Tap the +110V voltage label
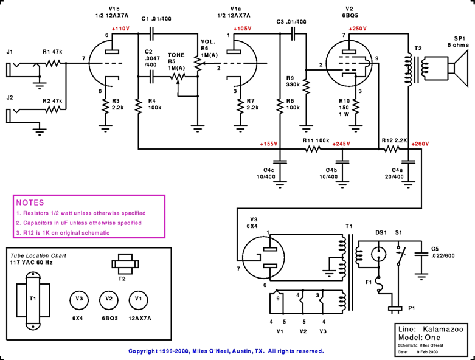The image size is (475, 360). click(x=121, y=29)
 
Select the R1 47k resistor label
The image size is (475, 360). click(x=54, y=52)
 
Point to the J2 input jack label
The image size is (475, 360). click(x=9, y=97)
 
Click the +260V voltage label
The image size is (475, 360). click(x=420, y=144)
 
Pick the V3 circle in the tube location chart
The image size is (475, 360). click(x=78, y=299)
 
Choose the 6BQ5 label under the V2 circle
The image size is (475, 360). click(x=109, y=318)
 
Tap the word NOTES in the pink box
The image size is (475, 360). click(x=30, y=202)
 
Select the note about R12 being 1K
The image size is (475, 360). click(x=63, y=233)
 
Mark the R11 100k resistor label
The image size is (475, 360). click(x=316, y=140)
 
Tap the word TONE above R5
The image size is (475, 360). click(x=176, y=55)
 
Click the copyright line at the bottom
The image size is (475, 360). click(x=226, y=351)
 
